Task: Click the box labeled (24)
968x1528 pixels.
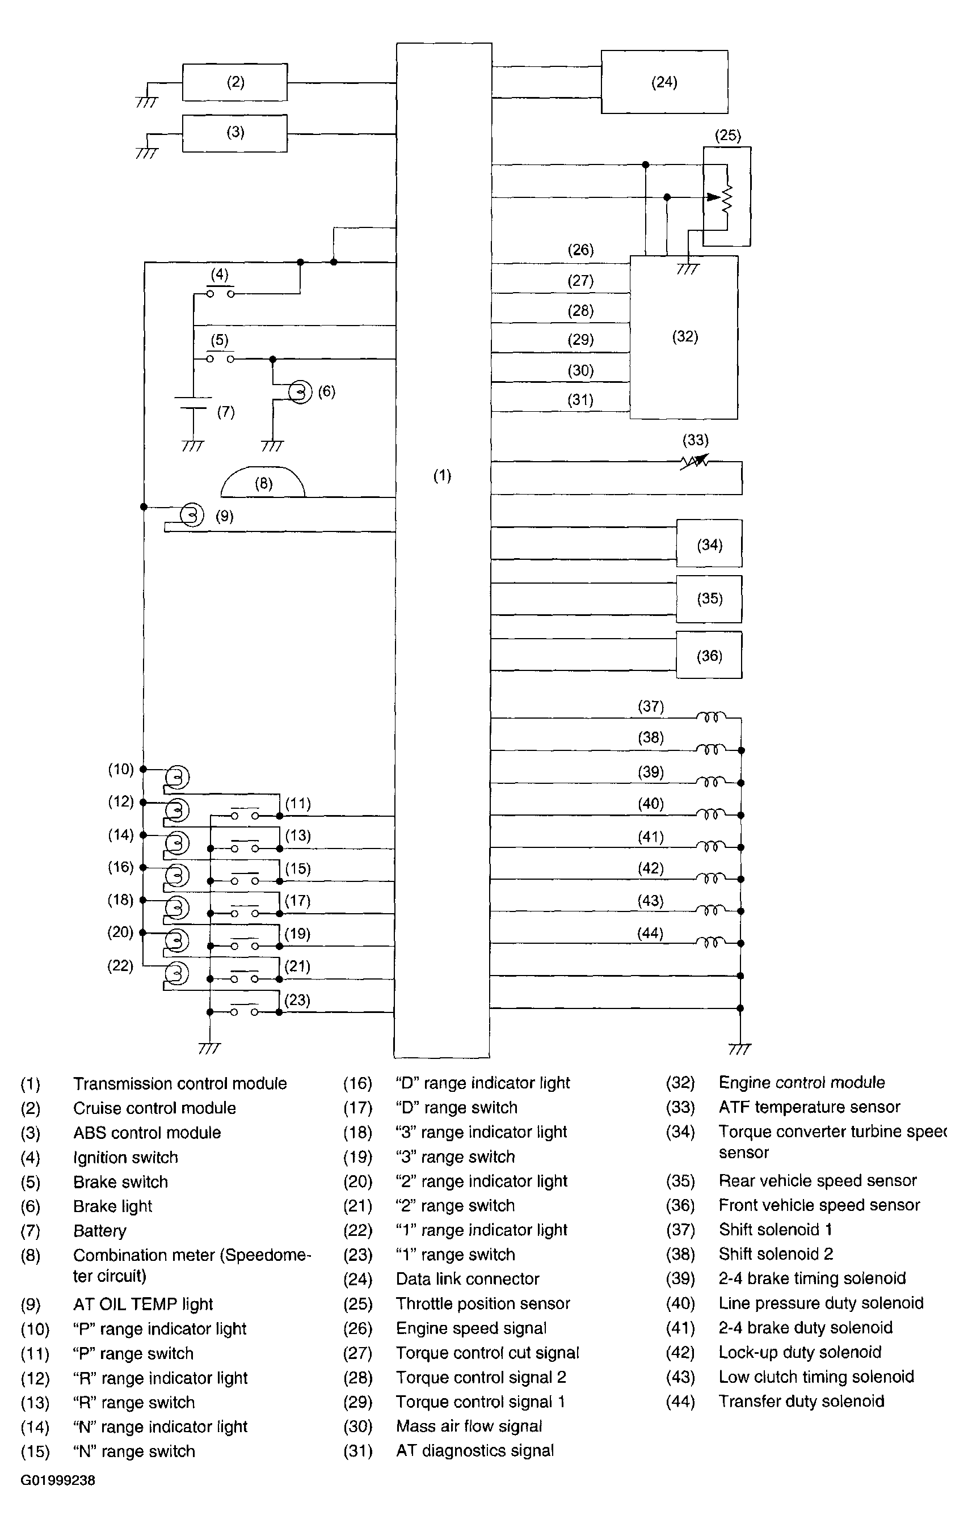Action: (664, 82)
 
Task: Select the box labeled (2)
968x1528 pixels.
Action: (235, 82)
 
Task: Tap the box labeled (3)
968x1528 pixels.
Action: (235, 133)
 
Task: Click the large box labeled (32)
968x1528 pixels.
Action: (684, 337)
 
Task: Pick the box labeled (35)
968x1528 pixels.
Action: (709, 599)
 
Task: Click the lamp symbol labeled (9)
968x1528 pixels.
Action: (192, 515)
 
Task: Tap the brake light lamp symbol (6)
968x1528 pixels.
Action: (300, 391)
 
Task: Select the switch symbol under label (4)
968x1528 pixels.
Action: (220, 292)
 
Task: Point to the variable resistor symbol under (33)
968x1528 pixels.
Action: (695, 461)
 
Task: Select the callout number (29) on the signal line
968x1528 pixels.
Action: (580, 340)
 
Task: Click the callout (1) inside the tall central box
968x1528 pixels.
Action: (442, 475)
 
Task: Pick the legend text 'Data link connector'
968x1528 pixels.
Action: (467, 1278)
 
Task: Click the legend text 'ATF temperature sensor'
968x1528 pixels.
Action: (809, 1107)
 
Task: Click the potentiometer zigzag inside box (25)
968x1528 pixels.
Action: (727, 198)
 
